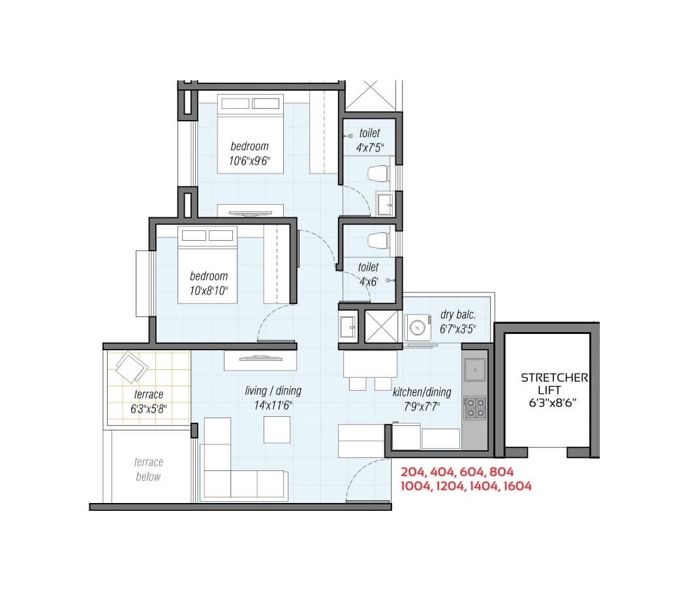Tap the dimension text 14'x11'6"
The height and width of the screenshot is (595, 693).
click(273, 404)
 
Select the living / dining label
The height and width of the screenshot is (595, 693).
click(273, 391)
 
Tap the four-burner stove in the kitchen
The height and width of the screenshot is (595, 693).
click(474, 407)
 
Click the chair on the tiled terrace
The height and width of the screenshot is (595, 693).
click(132, 367)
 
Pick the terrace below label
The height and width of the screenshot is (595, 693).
click(148, 469)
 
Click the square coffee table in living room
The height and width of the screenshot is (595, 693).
click(277, 429)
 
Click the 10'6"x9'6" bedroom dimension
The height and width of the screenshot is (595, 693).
click(249, 160)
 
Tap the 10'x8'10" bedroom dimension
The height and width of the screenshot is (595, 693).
click(209, 290)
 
